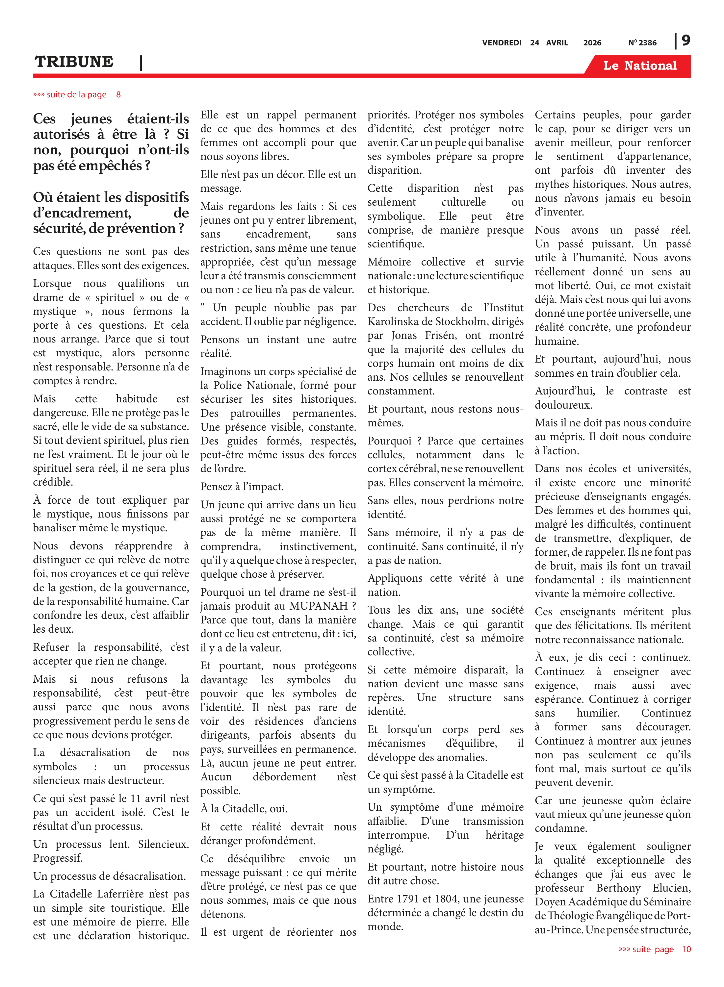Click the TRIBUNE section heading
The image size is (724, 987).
74,62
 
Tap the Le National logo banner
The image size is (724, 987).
639,66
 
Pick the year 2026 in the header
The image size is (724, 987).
592,43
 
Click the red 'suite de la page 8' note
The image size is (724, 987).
77,95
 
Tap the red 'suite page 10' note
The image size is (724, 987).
654,949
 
